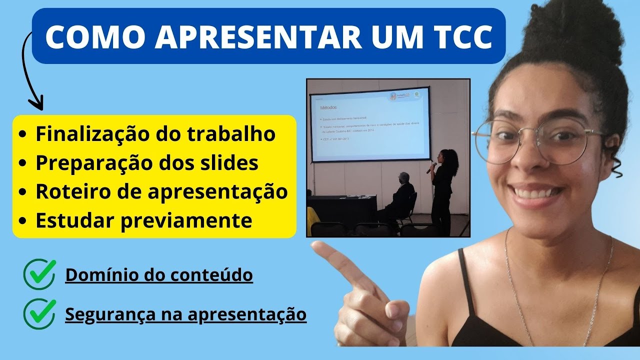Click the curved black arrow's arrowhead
(36, 105)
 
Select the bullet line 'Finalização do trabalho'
(155, 134)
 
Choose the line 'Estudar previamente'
(143, 220)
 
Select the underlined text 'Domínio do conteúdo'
(159, 275)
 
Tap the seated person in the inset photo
(400, 197)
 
